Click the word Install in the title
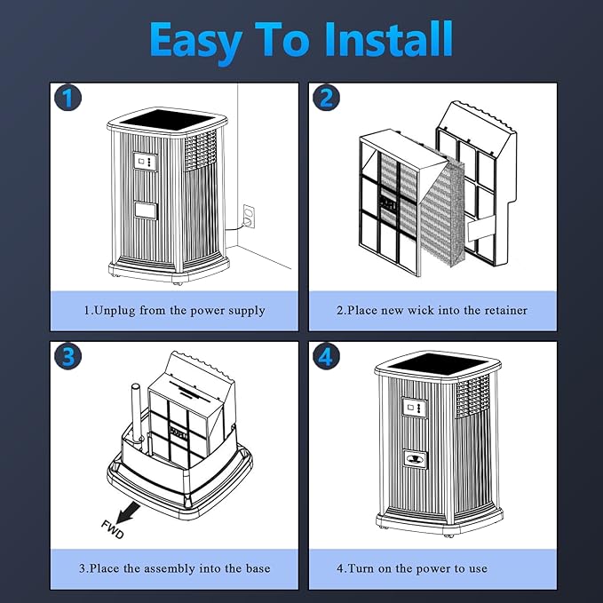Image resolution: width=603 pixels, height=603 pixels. point(388,39)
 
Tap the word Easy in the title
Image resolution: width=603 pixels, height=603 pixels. point(195,43)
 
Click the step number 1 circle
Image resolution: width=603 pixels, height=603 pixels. point(68,98)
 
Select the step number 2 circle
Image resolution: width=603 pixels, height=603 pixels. point(326,98)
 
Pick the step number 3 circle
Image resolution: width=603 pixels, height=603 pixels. point(68,356)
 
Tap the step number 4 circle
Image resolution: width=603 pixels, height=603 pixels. point(326,356)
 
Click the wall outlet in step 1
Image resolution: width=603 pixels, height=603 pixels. point(249,216)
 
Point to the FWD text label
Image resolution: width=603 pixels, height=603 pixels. point(112,529)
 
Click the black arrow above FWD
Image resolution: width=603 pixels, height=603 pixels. point(128,513)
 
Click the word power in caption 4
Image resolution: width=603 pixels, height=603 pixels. point(432,569)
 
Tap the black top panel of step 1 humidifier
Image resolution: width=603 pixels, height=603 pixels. point(167,119)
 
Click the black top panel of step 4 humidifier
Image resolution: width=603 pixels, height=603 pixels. point(438,365)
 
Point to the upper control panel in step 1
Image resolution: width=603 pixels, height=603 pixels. point(145,162)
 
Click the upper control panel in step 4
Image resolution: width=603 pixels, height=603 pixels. point(414,408)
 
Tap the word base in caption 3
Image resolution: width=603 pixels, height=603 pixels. point(258,568)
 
